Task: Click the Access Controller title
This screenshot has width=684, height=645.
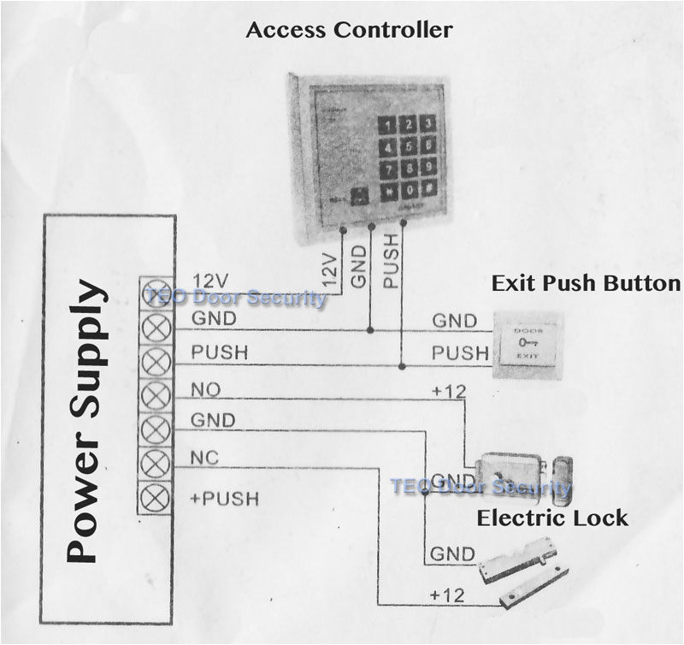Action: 349,31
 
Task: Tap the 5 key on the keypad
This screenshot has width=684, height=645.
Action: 409,146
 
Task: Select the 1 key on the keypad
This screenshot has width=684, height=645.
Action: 390,126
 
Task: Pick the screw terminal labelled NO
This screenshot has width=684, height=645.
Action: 156,394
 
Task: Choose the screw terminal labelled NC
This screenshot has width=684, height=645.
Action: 156,463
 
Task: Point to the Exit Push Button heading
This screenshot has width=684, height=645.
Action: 585,283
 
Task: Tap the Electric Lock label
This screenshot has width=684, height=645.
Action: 551,518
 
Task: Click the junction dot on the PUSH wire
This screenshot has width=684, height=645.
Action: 401,365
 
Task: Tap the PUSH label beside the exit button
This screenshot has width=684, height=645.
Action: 460,352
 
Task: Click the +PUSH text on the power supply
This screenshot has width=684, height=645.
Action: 225,498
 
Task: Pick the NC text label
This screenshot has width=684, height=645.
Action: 205,459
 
